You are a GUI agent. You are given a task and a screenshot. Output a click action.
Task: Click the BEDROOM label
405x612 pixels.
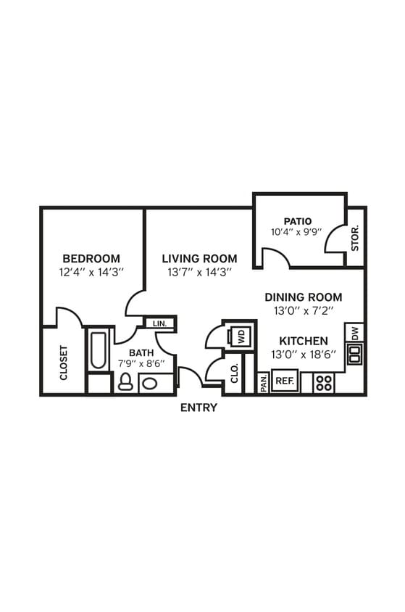coord(91,259)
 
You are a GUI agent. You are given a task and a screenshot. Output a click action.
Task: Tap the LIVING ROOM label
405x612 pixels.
coord(199,259)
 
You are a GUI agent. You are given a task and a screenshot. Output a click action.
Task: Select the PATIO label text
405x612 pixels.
coord(298,220)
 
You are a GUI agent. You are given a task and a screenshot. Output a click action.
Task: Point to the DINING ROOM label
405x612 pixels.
coord(303,297)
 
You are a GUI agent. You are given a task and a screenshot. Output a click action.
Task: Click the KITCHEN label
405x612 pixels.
coord(304,341)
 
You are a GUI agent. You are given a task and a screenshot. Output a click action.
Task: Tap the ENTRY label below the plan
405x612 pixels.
coord(199,408)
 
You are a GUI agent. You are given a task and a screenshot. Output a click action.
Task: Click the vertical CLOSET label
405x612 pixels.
coord(64,362)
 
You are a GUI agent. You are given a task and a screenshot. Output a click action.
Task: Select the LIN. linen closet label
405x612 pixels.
coord(160,323)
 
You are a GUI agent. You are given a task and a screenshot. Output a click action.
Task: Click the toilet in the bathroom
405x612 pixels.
coord(125,381)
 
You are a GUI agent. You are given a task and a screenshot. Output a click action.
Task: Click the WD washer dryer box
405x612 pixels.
coord(240,336)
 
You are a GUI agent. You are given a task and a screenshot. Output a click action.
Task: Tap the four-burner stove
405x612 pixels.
coord(324,382)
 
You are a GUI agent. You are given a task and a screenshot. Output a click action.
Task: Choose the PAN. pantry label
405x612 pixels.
coord(263,382)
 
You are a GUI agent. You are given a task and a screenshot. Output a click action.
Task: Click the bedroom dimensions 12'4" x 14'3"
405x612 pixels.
coord(91,273)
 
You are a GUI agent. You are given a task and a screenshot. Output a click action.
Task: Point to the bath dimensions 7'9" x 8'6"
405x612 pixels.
coord(141,363)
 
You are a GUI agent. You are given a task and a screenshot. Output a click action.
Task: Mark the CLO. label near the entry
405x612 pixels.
coord(234,373)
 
